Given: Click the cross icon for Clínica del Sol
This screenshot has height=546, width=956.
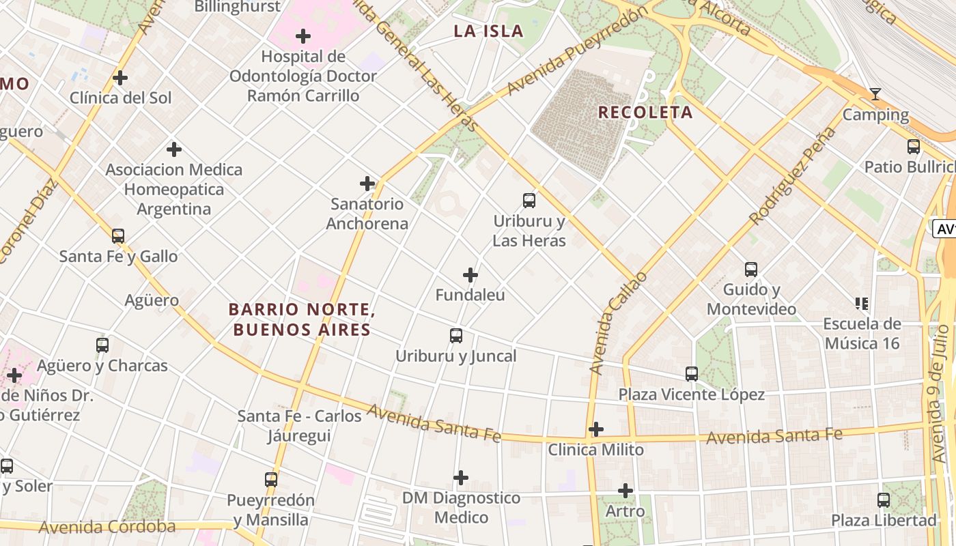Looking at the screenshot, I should tap(120, 78).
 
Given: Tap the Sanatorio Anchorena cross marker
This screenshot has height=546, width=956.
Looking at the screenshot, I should tap(367, 184).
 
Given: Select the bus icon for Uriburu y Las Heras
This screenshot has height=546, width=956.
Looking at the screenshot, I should tap(529, 201).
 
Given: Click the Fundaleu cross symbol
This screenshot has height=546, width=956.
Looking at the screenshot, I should tap(470, 275).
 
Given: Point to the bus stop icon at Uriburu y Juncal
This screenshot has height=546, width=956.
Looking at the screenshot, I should tap(456, 336).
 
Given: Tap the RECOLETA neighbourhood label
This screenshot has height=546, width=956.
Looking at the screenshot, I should tap(645, 113).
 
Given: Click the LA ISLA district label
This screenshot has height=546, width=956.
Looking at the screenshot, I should tap(489, 31).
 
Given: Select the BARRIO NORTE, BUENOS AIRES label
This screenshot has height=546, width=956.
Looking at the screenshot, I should tap(302, 319).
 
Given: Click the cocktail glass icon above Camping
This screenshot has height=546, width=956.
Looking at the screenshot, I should tap(875, 94).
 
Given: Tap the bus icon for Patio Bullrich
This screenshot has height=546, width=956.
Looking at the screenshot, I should tap(914, 147).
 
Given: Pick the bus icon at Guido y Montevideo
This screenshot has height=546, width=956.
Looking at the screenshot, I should tap(751, 270).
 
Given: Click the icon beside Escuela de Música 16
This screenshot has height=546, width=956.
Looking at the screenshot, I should tap(862, 303).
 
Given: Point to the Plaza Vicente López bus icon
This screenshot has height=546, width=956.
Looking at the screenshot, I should tap(692, 374).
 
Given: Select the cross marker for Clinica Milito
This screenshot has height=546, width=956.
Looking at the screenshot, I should tap(596, 429).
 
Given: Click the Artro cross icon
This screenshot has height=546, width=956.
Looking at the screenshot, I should tap(625, 491).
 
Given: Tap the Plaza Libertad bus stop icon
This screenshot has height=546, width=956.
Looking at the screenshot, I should tap(884, 500).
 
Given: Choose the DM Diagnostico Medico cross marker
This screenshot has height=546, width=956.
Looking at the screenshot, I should tap(461, 478).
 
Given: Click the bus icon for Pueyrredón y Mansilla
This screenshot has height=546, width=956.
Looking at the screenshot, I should tap(271, 480).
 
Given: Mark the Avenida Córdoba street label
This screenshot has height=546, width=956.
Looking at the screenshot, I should tap(107, 527).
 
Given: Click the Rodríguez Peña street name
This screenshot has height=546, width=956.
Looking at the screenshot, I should tap(793, 176).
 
